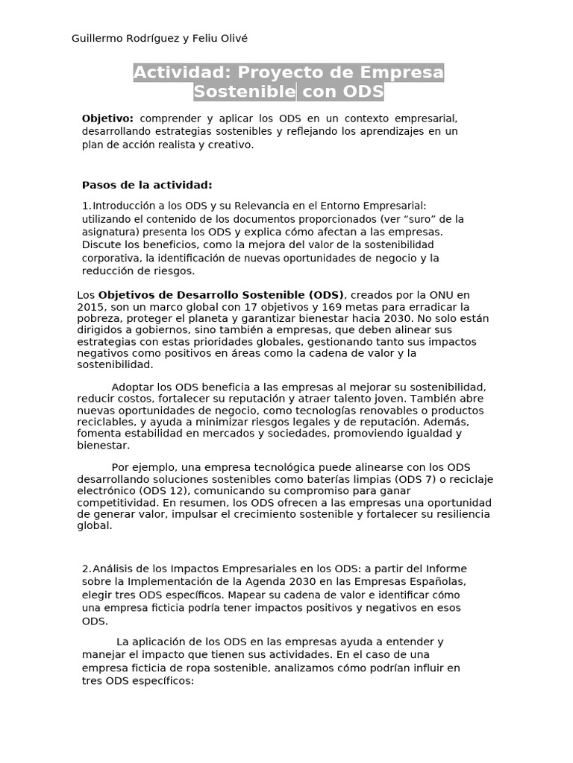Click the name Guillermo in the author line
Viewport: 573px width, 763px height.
coord(97,39)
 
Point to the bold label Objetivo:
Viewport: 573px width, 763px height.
coord(107,118)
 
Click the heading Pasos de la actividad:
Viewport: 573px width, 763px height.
coord(147,185)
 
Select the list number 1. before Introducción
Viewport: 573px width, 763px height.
coord(87,206)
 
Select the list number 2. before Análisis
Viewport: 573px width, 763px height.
coord(87,569)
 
